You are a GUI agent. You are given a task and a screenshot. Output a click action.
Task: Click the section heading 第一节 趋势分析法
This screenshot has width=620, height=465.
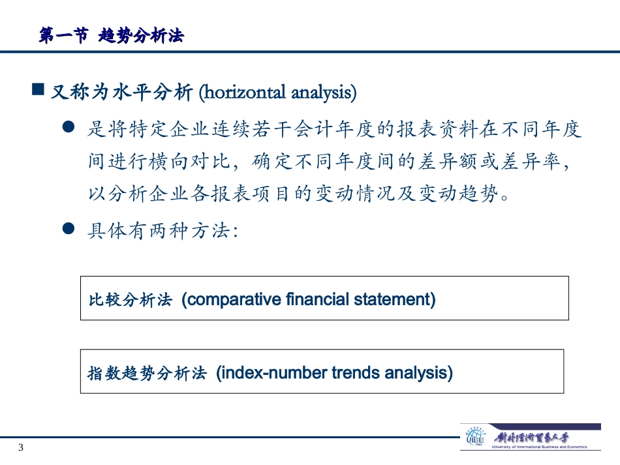pos(111,37)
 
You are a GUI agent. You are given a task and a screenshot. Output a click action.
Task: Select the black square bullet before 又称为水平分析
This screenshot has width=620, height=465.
pos(39,89)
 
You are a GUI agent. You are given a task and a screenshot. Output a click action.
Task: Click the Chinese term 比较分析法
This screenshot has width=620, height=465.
pos(130,300)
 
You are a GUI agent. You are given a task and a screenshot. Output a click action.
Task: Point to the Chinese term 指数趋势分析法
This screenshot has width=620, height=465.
pos(147,373)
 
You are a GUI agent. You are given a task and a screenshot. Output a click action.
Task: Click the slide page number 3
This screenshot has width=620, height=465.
pos(21,447)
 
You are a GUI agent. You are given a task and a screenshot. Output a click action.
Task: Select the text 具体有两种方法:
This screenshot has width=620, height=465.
pos(163,230)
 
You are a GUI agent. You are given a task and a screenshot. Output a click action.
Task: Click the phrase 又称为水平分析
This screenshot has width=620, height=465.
pos(121,93)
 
